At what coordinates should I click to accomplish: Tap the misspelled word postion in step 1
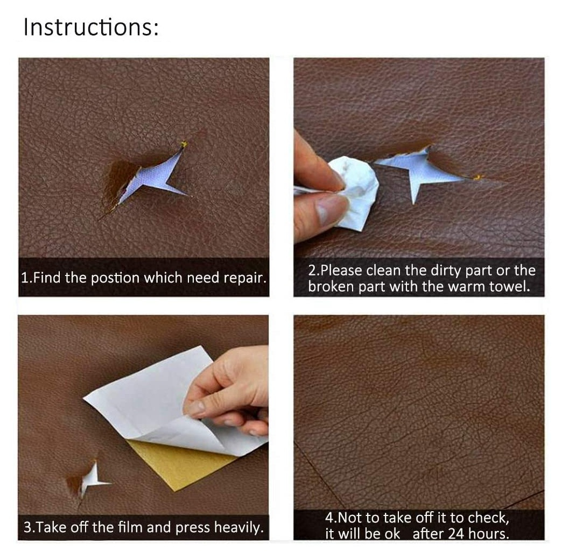point(115,279)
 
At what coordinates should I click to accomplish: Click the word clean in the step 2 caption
point(383,271)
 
